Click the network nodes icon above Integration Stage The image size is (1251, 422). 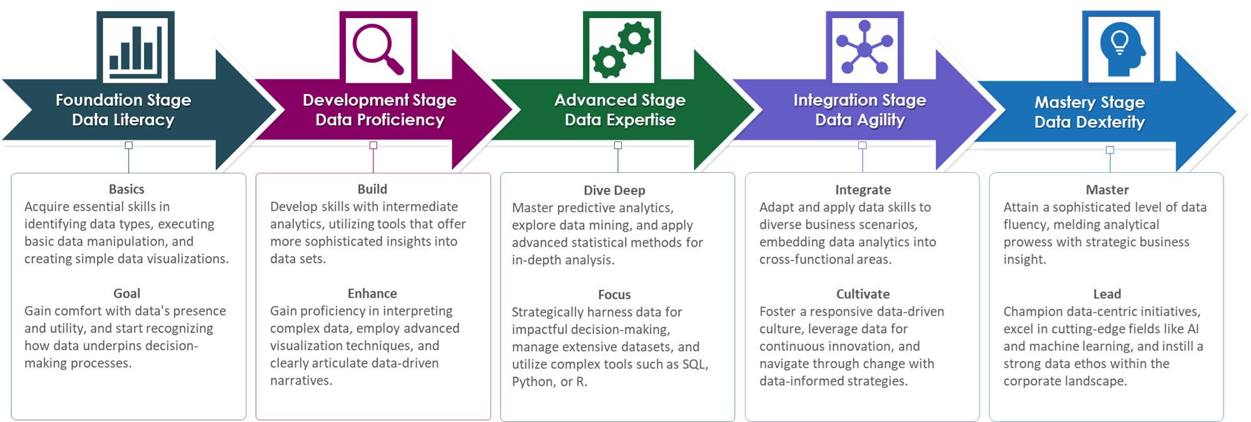pyautogui.click(x=864, y=48)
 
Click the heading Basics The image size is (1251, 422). pyautogui.click(x=126, y=189)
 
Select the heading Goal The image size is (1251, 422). pyautogui.click(x=126, y=294)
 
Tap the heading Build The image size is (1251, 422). pyautogui.click(x=372, y=189)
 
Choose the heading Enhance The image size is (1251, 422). pyautogui.click(x=372, y=294)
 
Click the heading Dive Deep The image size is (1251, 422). pyautogui.click(x=614, y=190)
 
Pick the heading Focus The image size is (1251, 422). pyautogui.click(x=614, y=295)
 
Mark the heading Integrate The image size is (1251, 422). pyautogui.click(x=863, y=190)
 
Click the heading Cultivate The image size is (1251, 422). pyautogui.click(x=863, y=294)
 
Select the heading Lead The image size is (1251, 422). pyautogui.click(x=1107, y=294)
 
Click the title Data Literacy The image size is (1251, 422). pyautogui.click(x=123, y=120)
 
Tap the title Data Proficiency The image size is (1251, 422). pyautogui.click(x=380, y=120)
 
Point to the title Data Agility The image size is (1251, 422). pyautogui.click(x=860, y=120)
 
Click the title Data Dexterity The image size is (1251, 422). pyautogui.click(x=1090, y=122)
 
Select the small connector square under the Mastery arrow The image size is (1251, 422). pyautogui.click(x=1110, y=150)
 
